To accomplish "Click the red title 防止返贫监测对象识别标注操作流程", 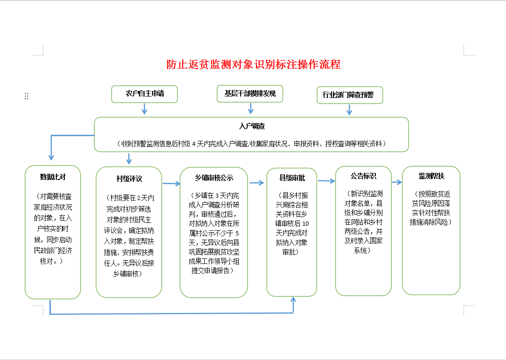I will pos(254,64).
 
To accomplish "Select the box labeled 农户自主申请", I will pos(145,94).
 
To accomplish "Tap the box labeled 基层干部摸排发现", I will pos(250,94).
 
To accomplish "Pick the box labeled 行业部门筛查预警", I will pos(349,95).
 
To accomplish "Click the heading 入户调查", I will pos(252,126).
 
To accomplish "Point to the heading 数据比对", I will pos(53,177).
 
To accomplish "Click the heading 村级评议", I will pos(129,179).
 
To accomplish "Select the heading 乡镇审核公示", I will pos(214,178).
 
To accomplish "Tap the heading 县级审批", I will pos(292,178).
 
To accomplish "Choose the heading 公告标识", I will pos(363,176).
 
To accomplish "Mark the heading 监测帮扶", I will pos(431,176).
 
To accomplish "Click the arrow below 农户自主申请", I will pos(145,109).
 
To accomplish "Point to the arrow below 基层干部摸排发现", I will pos(250,109).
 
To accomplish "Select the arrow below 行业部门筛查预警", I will pos(349,110).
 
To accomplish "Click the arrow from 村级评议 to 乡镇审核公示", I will pos(171,184).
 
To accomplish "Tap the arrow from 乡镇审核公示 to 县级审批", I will pos(256,183).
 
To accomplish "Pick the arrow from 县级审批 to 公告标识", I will pos(326,181).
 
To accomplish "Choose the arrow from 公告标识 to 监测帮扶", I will pos(396,182).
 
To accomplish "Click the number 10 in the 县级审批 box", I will pos(305,224).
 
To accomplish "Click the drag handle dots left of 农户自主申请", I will pos(27,96).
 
